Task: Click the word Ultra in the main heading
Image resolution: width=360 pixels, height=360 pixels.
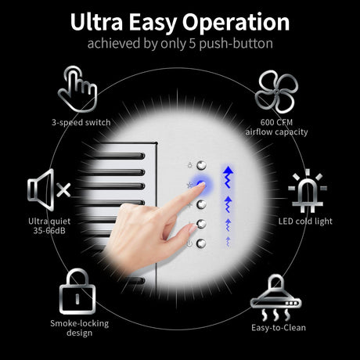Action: (x=96, y=22)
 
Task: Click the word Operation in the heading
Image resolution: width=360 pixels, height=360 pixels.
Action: (x=236, y=23)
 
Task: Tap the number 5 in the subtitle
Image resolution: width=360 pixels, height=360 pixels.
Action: (x=193, y=44)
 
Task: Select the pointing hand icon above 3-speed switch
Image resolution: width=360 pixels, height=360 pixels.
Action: (x=77, y=89)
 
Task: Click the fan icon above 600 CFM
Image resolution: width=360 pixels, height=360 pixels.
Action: (x=276, y=92)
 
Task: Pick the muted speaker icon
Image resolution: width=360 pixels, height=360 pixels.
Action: (x=49, y=189)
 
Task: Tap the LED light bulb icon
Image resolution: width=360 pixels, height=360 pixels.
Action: (x=308, y=191)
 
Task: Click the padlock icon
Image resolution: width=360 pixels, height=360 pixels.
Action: (x=77, y=291)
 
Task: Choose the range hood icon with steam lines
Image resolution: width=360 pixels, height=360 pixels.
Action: (x=276, y=297)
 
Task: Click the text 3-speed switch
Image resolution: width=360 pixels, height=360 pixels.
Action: (x=81, y=122)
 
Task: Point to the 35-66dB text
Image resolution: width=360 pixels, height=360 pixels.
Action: (x=49, y=231)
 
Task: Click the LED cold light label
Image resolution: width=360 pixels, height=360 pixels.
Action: (x=305, y=221)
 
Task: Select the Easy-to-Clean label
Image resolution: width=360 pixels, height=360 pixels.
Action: (x=279, y=328)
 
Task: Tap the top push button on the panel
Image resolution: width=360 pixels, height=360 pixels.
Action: (x=201, y=165)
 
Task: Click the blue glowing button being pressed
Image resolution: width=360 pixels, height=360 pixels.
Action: (x=201, y=185)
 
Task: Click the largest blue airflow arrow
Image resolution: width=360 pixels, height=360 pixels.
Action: (x=229, y=177)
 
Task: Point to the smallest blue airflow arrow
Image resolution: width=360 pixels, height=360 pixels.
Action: (x=229, y=242)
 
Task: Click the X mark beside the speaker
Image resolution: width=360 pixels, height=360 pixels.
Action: (x=63, y=190)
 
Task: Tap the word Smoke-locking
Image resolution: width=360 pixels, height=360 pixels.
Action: (x=80, y=323)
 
